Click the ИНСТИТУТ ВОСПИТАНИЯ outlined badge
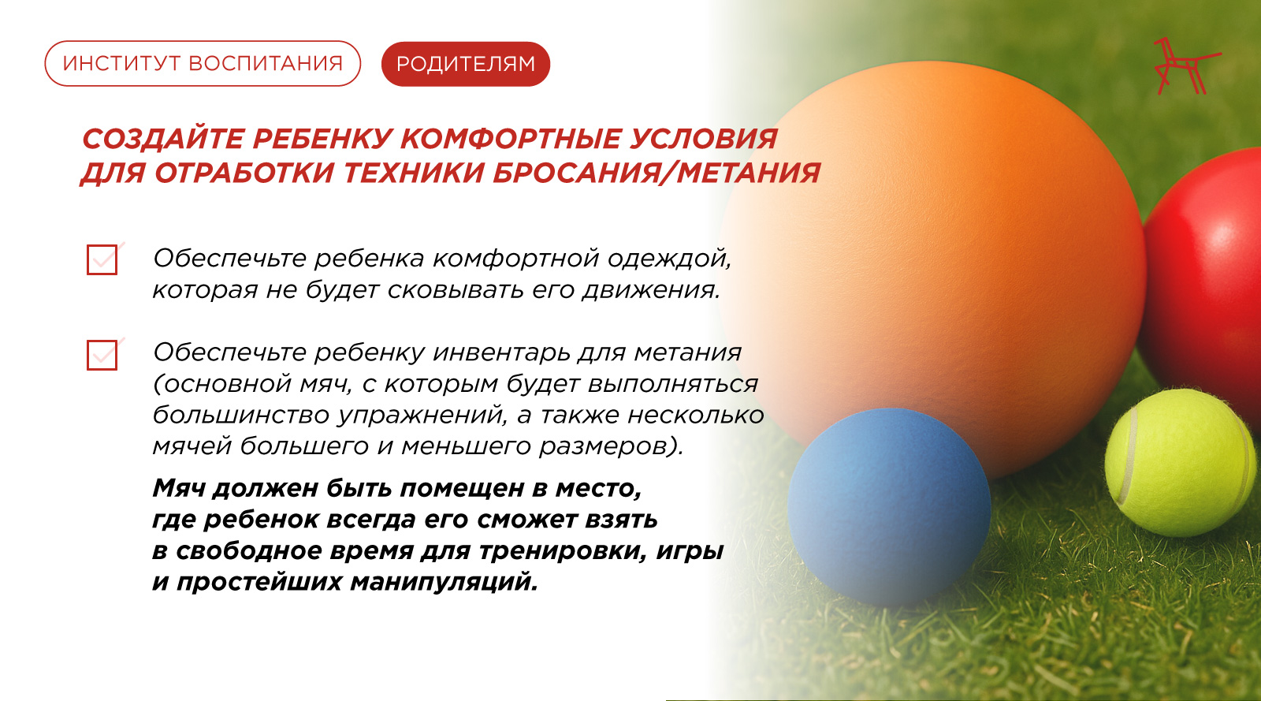coord(203,64)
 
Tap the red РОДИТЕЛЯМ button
coord(466,64)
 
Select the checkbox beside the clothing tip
coord(102,259)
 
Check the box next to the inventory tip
coord(102,355)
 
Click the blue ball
coord(889,507)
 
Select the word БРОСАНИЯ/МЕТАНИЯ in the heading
coord(657,173)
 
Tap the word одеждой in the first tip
coord(669,259)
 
